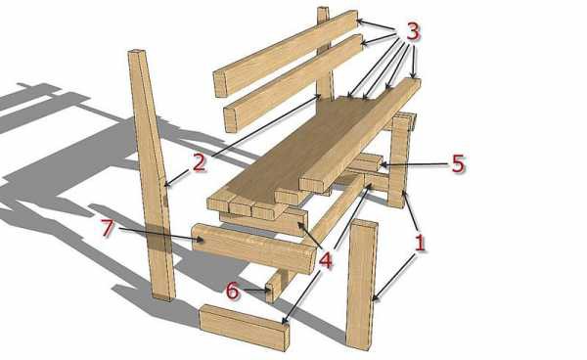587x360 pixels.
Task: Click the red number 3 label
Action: coord(412,32)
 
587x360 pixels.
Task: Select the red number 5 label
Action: coord(458,163)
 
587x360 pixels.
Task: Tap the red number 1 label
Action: coord(420,243)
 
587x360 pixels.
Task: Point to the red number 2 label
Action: coord(199,163)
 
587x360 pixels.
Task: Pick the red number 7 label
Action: coord(107,228)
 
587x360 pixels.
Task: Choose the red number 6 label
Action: coord(232,291)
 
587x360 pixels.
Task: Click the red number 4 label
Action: coord(325,260)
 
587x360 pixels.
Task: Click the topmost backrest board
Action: coord(286,53)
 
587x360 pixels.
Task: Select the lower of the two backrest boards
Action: coord(293,83)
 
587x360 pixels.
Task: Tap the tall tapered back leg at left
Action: coord(152,175)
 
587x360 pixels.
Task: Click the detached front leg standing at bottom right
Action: coord(361,285)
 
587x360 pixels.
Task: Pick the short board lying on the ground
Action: coord(244,328)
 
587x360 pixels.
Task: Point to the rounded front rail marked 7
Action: coord(253,247)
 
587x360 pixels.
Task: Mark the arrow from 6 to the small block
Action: coord(256,290)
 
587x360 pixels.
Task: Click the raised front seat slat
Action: coord(360,135)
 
